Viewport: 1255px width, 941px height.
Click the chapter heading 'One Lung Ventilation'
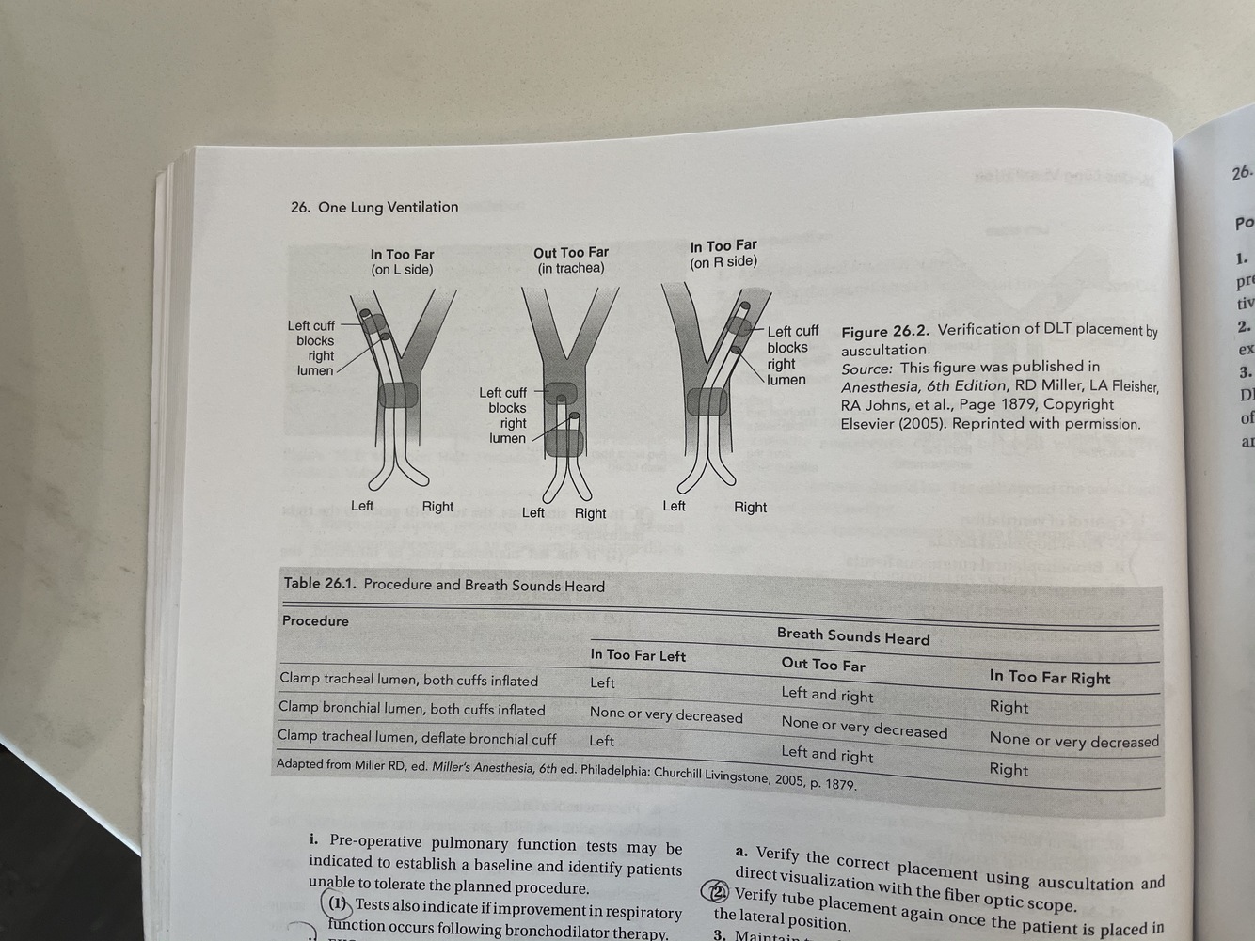pos(388,207)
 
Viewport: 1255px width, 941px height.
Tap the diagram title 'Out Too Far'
pos(571,252)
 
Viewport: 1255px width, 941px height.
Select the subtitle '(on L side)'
pos(402,270)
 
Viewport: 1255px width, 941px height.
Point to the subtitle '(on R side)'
pos(723,262)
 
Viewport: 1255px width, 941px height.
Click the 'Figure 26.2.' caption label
pos(884,331)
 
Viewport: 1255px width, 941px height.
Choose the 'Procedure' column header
pos(315,620)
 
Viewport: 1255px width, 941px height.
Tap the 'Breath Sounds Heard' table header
pos(852,636)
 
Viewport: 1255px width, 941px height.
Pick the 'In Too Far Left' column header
pos(638,655)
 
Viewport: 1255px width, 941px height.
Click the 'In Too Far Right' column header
pos(1049,677)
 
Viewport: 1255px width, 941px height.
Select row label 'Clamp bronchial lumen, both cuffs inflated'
pos(411,709)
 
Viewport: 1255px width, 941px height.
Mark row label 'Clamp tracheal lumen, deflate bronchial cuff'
pos(417,738)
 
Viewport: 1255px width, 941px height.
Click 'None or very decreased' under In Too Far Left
pos(666,715)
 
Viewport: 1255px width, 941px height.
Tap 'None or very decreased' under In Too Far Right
pos(1073,741)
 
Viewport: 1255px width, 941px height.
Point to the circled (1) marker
pos(338,905)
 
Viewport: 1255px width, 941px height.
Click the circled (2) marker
pos(720,892)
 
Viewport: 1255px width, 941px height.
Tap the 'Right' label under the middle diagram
pos(590,513)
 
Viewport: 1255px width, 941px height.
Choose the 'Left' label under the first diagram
pos(362,506)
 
